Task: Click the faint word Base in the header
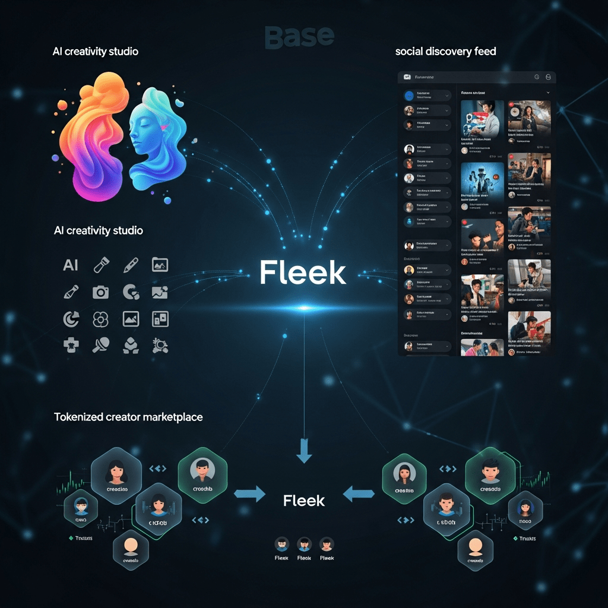coord(299,36)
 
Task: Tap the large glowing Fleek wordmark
coord(303,273)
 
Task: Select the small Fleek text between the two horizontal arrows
coord(304,501)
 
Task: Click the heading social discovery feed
coord(445,51)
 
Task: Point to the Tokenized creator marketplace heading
coord(128,417)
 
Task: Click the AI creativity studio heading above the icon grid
coord(98,230)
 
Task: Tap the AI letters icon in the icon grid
coord(71,265)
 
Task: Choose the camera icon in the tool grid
coord(100,292)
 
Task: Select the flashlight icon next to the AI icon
coord(100,265)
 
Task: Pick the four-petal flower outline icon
coord(100,319)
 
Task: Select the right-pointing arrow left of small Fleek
coord(250,493)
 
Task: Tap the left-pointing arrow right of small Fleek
coord(359,493)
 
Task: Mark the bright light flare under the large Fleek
coord(304,308)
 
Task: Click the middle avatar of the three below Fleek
coord(304,544)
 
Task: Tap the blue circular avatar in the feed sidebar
coord(409,95)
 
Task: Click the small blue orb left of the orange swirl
coord(56,159)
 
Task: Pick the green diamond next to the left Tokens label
coord(71,538)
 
